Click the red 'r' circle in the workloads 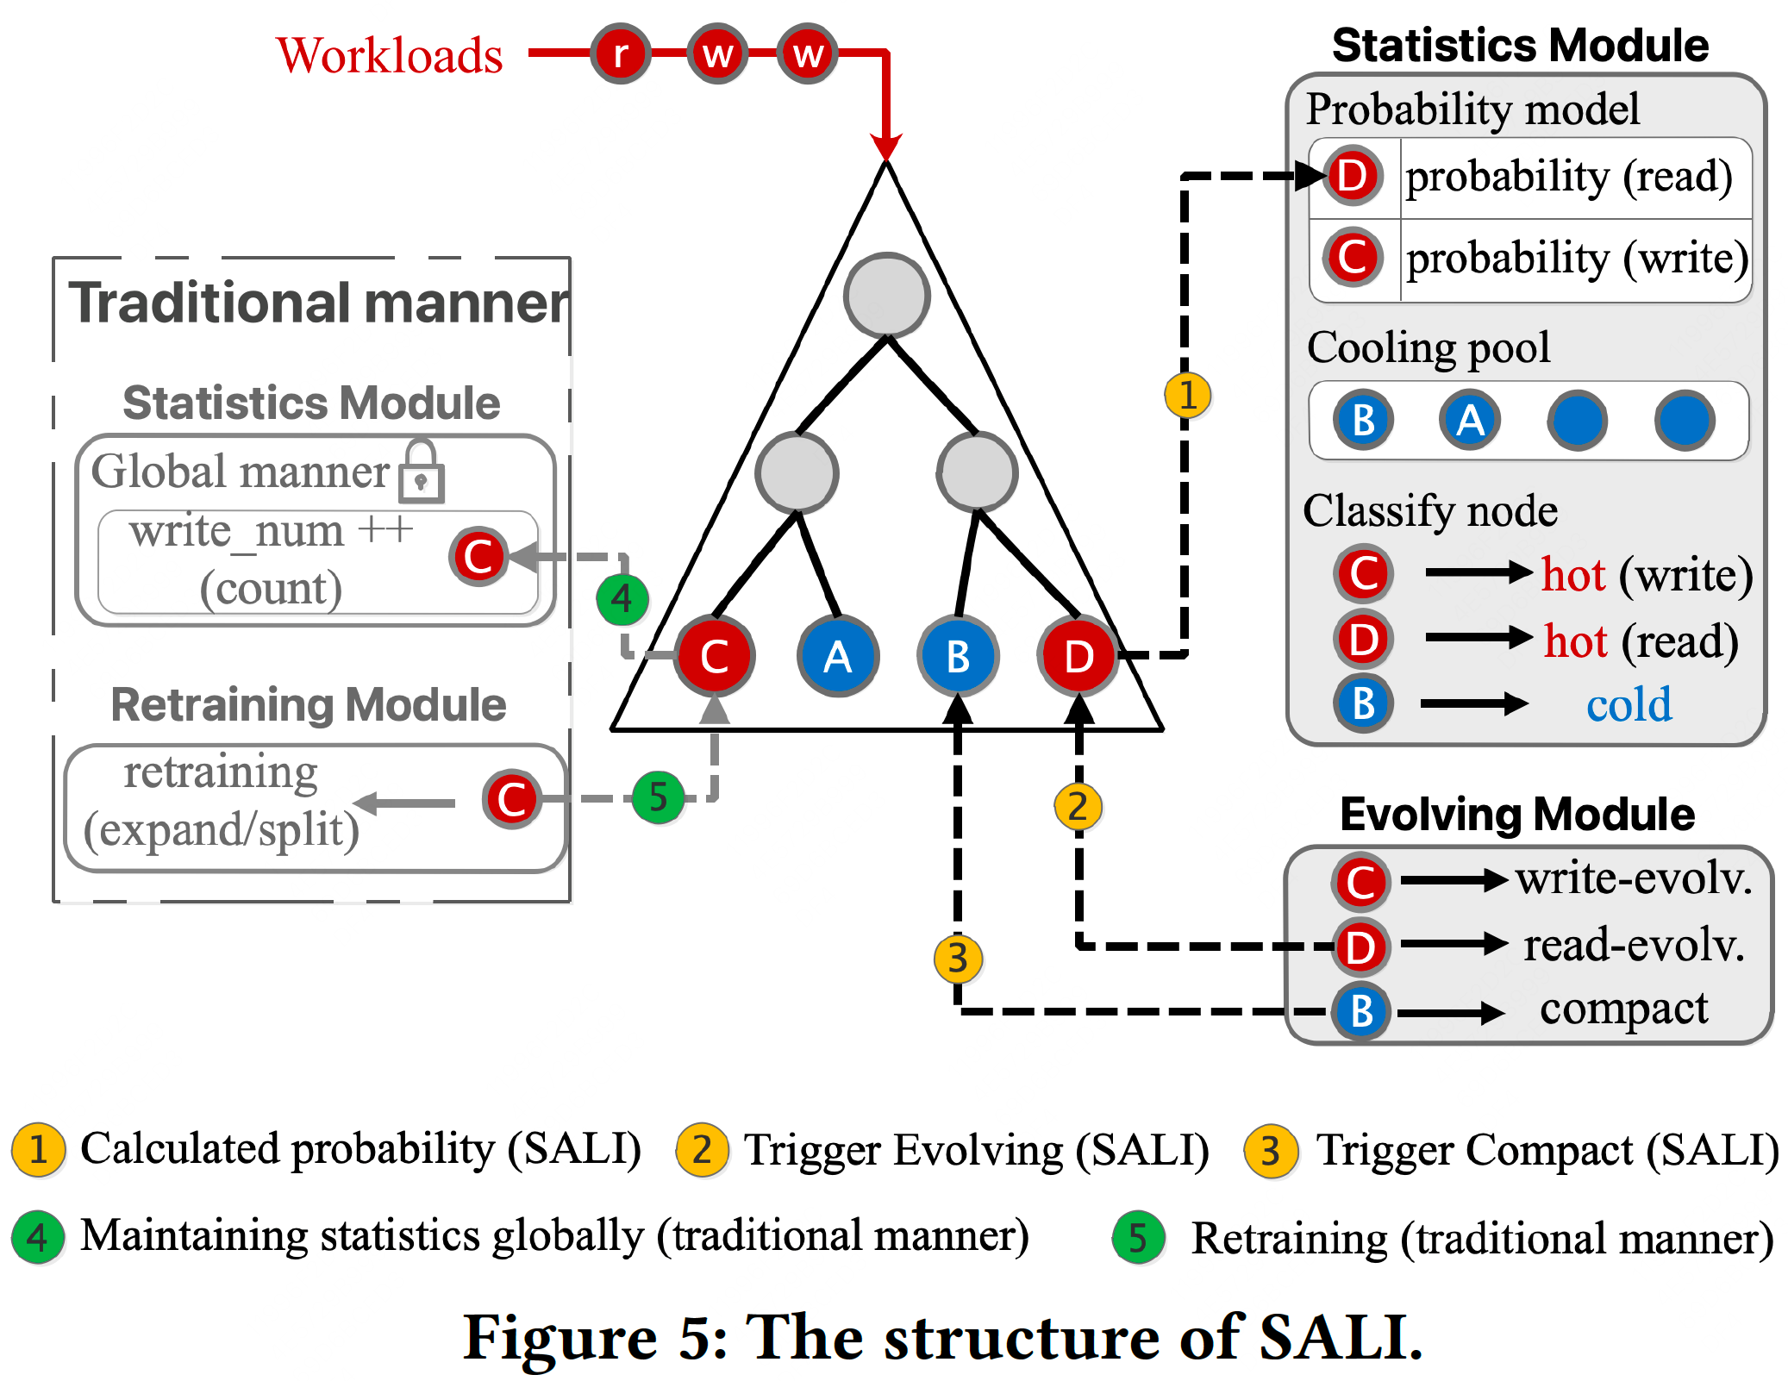pyautogui.click(x=620, y=53)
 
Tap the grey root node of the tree pyautogui.click(x=886, y=295)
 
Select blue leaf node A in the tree pyautogui.click(x=837, y=656)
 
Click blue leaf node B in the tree pyautogui.click(x=958, y=656)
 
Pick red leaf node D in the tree pyautogui.click(x=1078, y=656)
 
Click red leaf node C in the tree pyautogui.click(x=715, y=656)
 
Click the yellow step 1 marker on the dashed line pyautogui.click(x=1187, y=395)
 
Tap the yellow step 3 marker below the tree pyautogui.click(x=958, y=959)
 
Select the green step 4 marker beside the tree pyautogui.click(x=622, y=598)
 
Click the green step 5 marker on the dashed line pyautogui.click(x=658, y=797)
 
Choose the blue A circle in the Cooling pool pyautogui.click(x=1470, y=421)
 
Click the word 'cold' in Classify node pyautogui.click(x=1629, y=704)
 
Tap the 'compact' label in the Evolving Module pyautogui.click(x=1623, y=1009)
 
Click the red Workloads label pyautogui.click(x=390, y=56)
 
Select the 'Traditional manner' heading pyautogui.click(x=319, y=303)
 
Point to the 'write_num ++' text pyautogui.click(x=271, y=531)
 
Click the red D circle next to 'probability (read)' pyautogui.click(x=1353, y=176)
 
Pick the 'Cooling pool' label pyautogui.click(x=1429, y=347)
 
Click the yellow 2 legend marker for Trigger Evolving pyautogui.click(x=703, y=1150)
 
